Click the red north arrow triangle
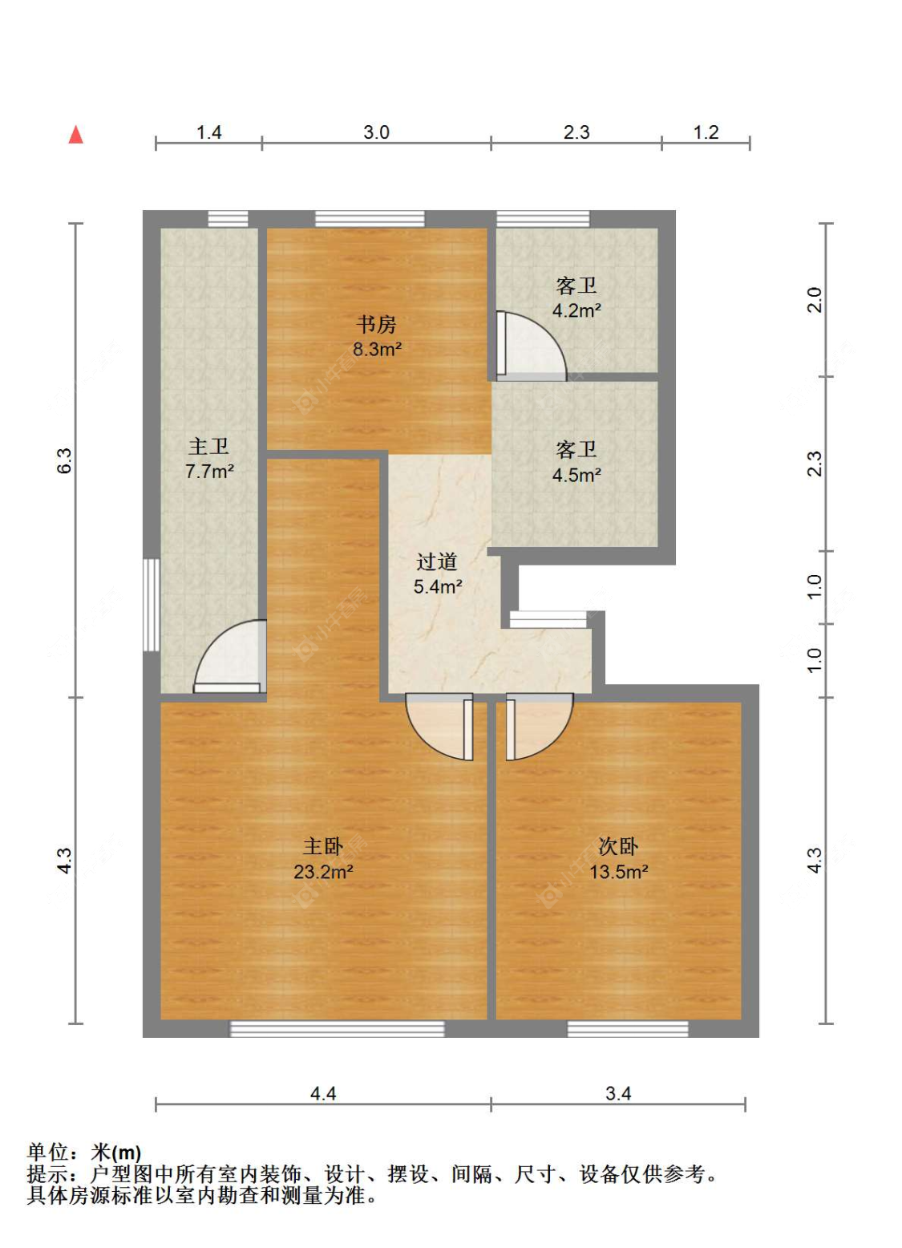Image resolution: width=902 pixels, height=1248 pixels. (75, 136)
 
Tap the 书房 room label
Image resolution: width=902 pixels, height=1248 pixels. (376, 324)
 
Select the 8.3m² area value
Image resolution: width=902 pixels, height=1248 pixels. (377, 350)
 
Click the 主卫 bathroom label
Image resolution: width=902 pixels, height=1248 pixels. (208, 446)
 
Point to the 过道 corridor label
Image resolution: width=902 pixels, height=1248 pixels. (437, 561)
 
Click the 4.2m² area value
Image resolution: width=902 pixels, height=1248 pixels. (576, 310)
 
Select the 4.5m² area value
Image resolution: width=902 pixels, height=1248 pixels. (576, 476)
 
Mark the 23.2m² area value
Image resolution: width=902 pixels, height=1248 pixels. (323, 871)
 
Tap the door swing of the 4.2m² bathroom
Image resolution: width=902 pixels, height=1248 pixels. (531, 346)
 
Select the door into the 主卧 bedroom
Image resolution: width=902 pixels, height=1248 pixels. (439, 727)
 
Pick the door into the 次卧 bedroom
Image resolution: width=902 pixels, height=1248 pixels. (540, 727)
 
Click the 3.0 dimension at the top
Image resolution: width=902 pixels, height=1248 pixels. (376, 132)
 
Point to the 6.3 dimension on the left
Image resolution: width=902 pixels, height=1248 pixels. (65, 460)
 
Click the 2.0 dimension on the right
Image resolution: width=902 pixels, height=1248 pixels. (815, 300)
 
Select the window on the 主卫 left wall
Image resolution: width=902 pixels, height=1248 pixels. (152, 605)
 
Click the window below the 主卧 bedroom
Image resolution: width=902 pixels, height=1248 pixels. (338, 1028)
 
